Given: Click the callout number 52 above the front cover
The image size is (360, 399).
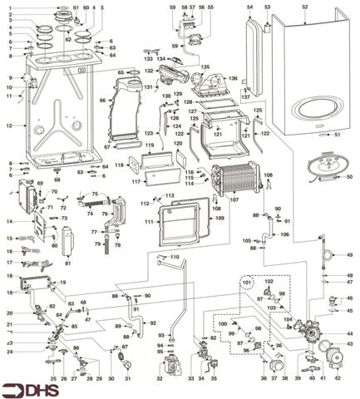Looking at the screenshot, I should click(304, 7).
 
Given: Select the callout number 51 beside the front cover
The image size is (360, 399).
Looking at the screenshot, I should click(338, 134).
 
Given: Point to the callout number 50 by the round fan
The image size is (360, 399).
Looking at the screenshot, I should click(349, 177).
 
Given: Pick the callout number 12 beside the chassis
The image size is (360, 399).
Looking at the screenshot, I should click(9, 126).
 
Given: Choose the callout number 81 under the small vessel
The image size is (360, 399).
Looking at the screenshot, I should click(68, 264).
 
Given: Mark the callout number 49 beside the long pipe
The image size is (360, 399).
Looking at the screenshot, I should click(349, 254).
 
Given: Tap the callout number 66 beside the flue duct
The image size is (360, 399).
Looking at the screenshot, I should click(102, 101).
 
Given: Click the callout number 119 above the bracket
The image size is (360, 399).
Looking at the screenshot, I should click(150, 145).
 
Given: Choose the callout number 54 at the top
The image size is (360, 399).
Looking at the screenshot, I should click(250, 7).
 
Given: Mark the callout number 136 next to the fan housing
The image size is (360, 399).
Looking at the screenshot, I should click(234, 79).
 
